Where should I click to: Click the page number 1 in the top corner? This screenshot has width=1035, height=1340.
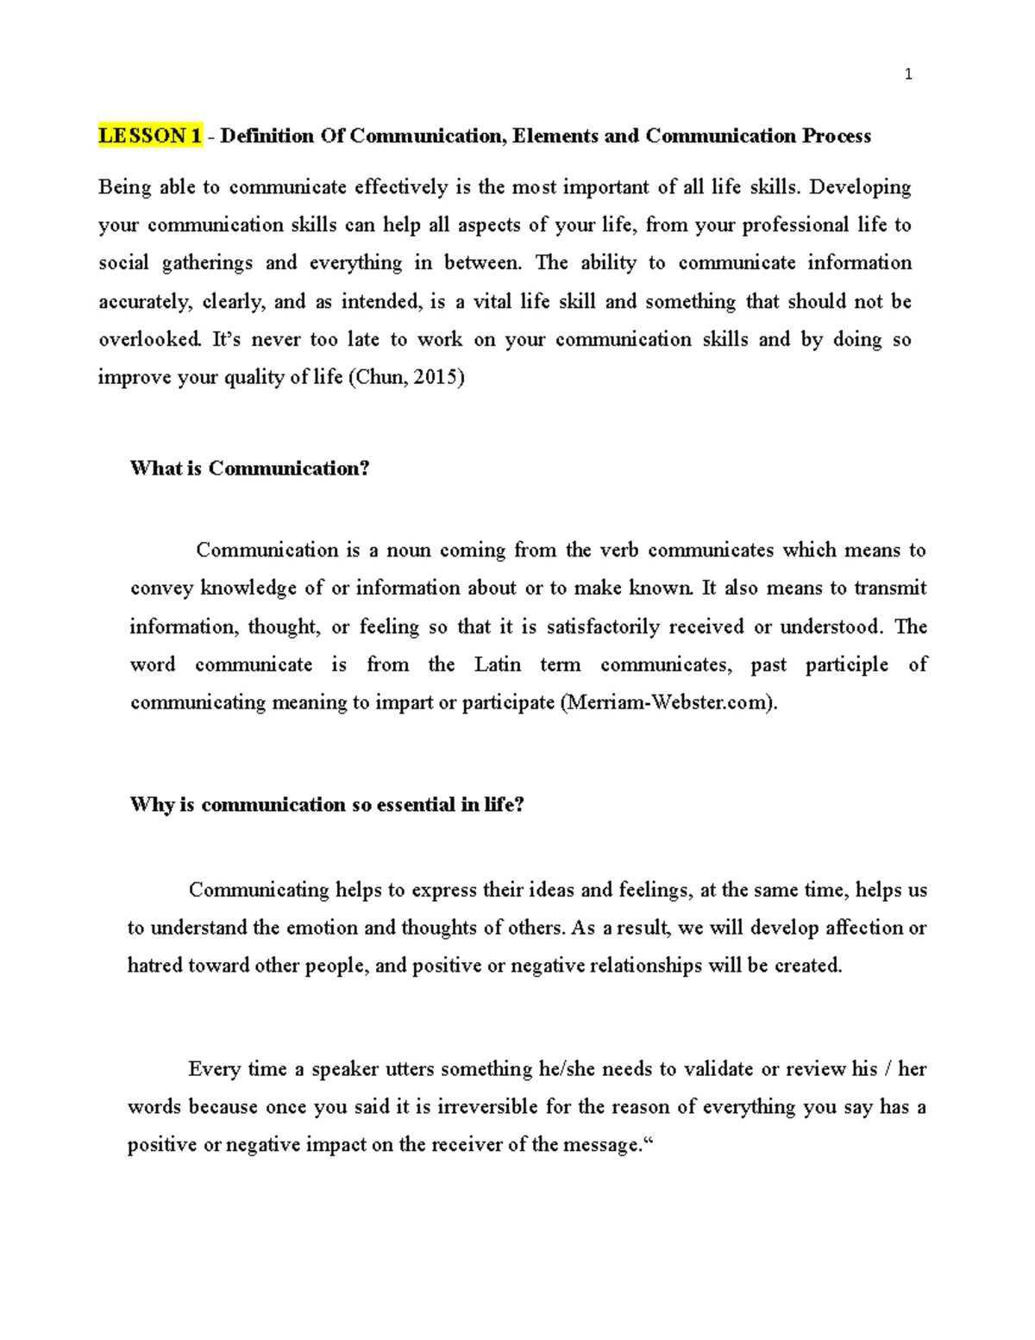[x=907, y=75]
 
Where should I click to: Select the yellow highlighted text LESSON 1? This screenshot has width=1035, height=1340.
[x=150, y=136]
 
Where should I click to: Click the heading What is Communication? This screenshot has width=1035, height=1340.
[x=249, y=469]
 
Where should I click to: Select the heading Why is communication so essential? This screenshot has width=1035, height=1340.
[x=326, y=805]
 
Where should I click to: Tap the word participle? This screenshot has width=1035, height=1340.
[x=846, y=664]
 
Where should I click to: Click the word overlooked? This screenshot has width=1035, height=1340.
[x=150, y=339]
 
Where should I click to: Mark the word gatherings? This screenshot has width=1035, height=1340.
[x=207, y=263]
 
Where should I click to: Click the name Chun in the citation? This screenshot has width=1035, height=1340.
[x=379, y=377]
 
